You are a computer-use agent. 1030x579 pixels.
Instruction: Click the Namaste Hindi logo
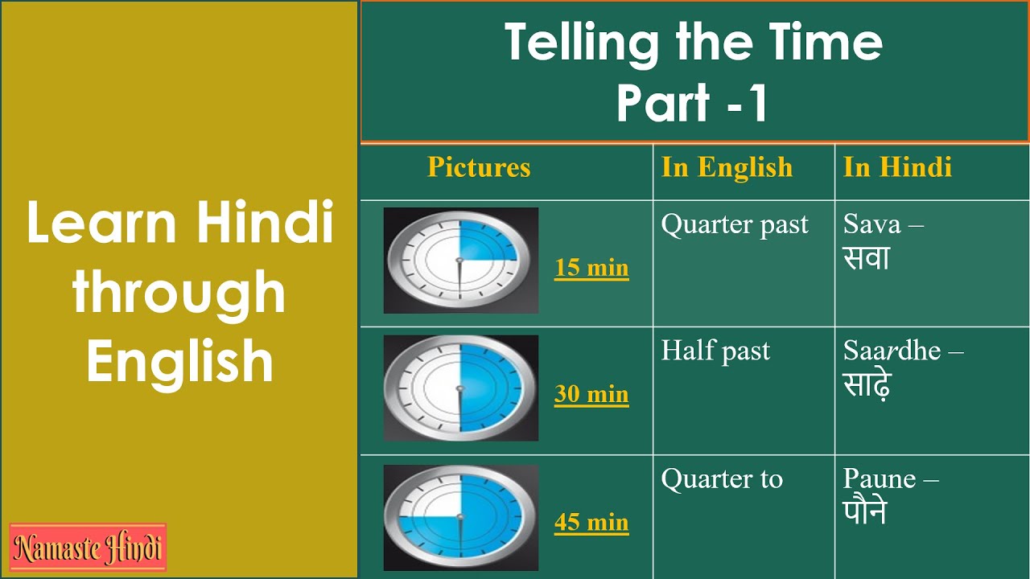click(x=88, y=548)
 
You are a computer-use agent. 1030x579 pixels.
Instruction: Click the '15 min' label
click(x=591, y=268)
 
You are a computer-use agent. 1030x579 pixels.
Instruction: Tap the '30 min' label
click(x=591, y=395)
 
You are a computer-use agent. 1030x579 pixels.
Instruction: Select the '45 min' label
click(x=591, y=523)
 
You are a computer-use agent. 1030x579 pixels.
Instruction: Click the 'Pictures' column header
click(x=479, y=167)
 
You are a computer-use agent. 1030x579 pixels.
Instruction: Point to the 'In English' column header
click(x=727, y=167)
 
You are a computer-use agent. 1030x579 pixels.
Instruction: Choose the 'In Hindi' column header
click(x=897, y=167)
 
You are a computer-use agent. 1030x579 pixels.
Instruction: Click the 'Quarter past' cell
click(x=735, y=226)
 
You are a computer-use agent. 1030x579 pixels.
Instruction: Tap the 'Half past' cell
click(x=715, y=351)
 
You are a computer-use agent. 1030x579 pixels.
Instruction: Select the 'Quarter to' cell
click(x=722, y=479)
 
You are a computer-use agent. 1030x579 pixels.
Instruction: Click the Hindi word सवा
click(x=867, y=258)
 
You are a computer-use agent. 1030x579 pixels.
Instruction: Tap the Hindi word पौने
click(x=865, y=512)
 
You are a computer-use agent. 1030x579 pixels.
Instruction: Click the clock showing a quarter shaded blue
click(x=461, y=260)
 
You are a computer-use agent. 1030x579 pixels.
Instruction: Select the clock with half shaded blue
click(x=461, y=388)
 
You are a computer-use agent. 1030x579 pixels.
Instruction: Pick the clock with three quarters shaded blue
click(x=461, y=516)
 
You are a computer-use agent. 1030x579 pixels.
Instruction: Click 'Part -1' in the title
click(x=693, y=103)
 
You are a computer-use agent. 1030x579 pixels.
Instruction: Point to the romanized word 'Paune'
click(x=880, y=479)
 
